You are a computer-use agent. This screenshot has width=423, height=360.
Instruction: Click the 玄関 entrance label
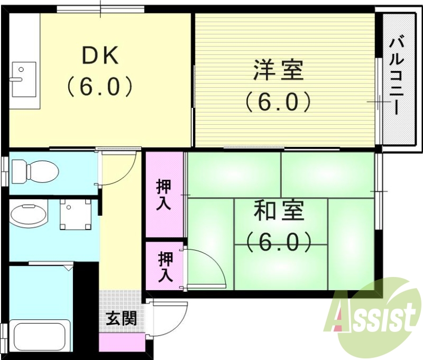[122, 318]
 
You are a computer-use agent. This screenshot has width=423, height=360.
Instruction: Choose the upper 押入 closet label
[164, 195]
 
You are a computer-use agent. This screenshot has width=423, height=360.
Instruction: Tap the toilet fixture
[34, 170]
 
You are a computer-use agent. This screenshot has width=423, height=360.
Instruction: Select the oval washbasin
[29, 214]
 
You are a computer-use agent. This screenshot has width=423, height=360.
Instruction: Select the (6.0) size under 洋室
[278, 101]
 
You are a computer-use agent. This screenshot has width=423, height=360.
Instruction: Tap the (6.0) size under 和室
[279, 242]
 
